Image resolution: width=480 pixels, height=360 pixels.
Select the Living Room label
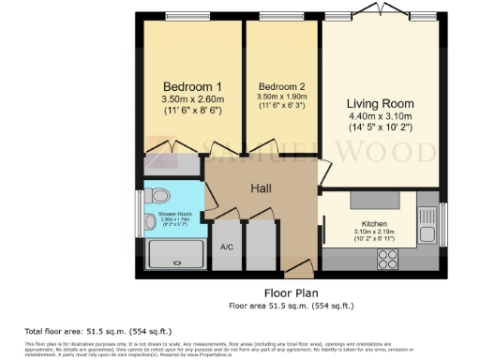(380, 103)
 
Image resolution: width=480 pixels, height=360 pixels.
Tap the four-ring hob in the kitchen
(385, 253)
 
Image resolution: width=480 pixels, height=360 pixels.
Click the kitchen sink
(427, 232)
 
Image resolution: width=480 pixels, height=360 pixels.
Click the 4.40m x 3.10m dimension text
(380, 117)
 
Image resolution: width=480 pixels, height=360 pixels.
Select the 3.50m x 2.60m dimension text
(192, 98)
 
